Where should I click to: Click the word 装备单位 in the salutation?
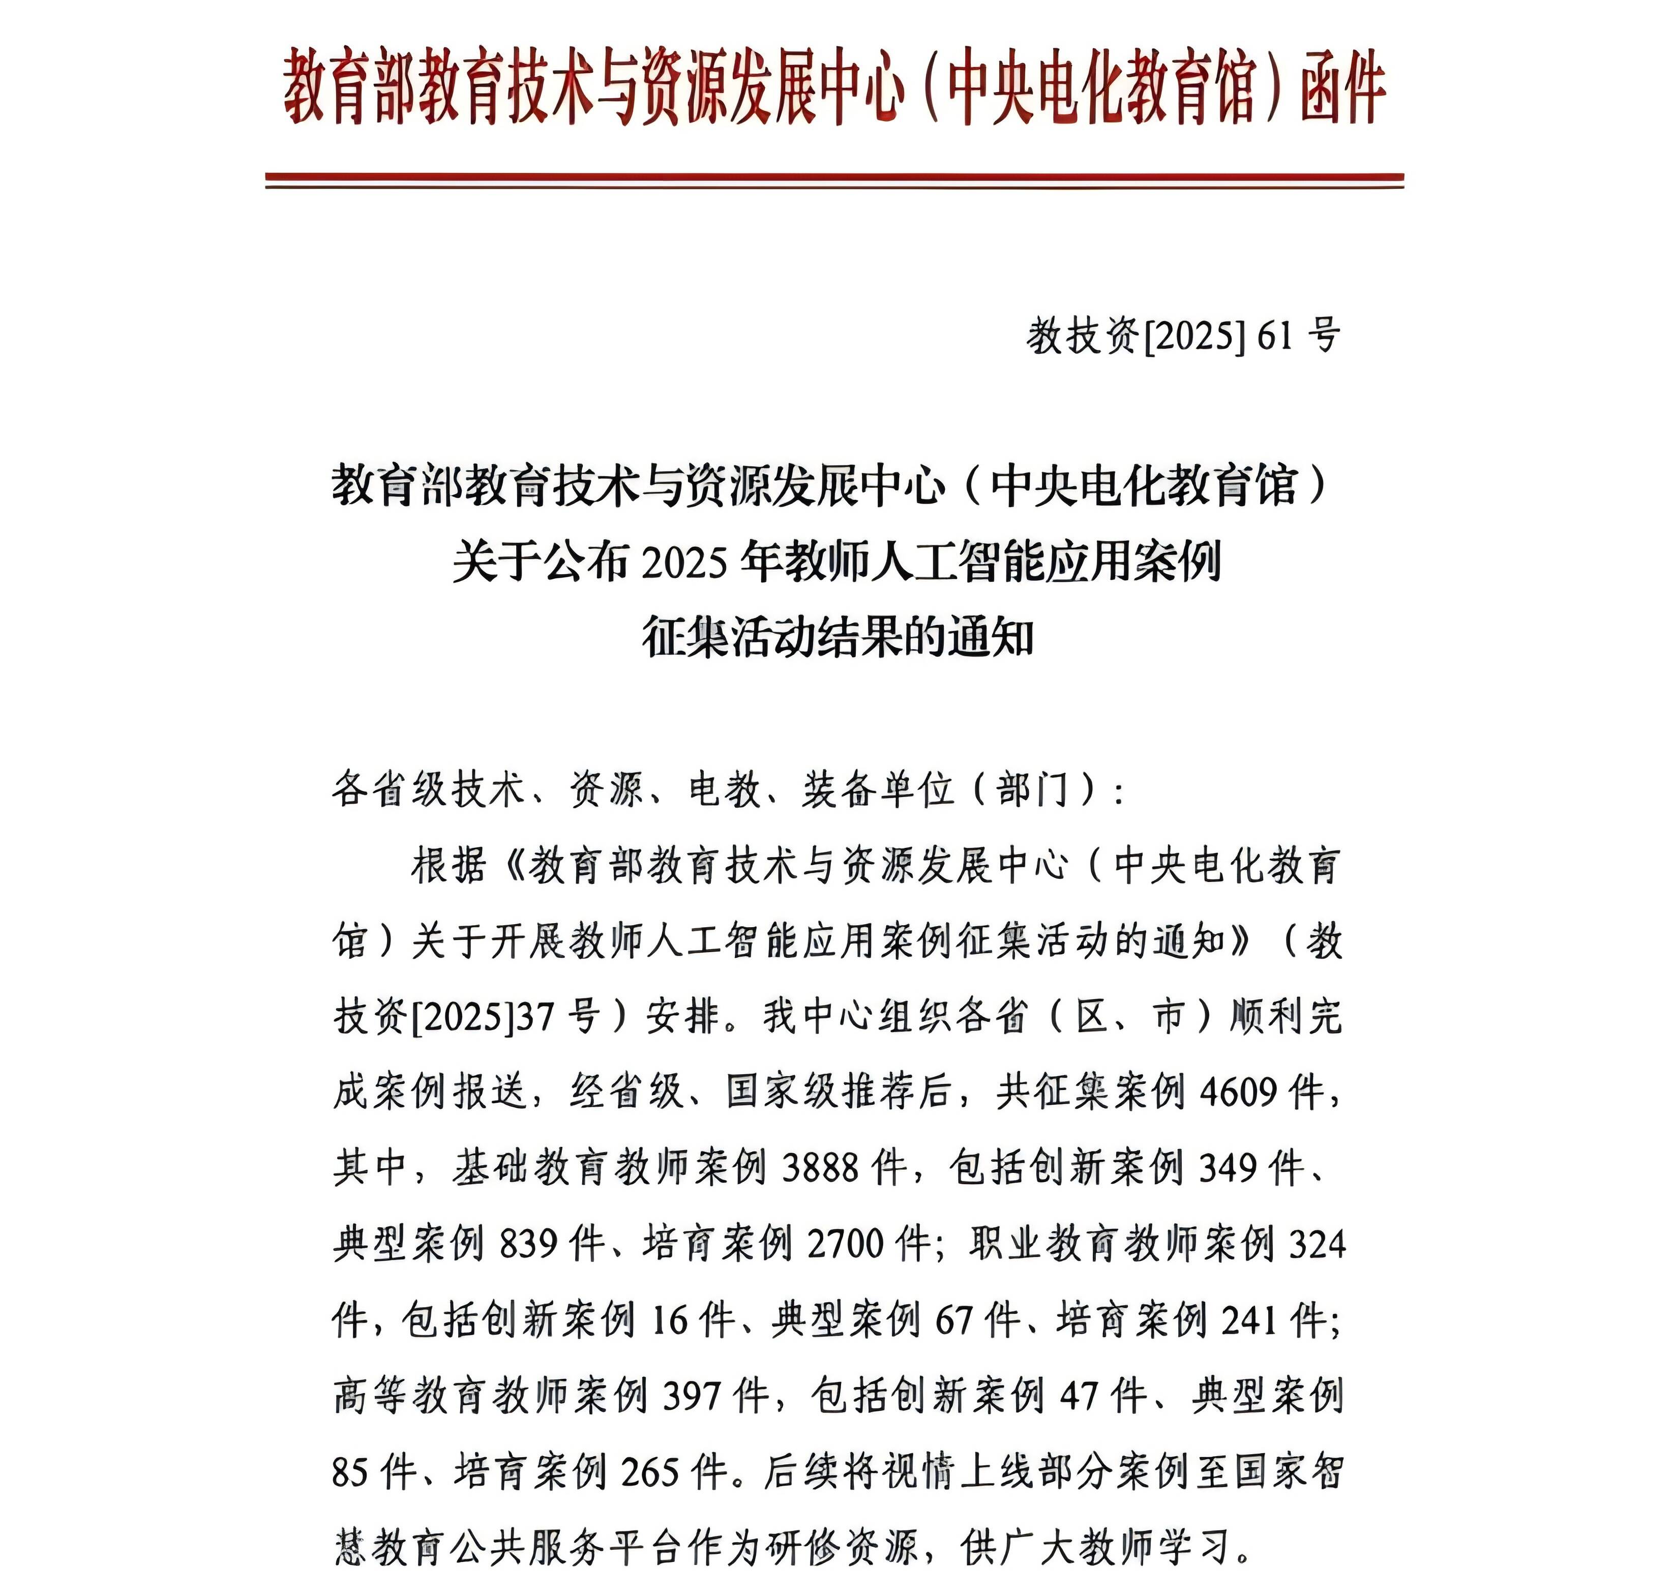(878, 790)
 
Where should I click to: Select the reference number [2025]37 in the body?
(482, 1016)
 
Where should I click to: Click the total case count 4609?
(1238, 1091)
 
